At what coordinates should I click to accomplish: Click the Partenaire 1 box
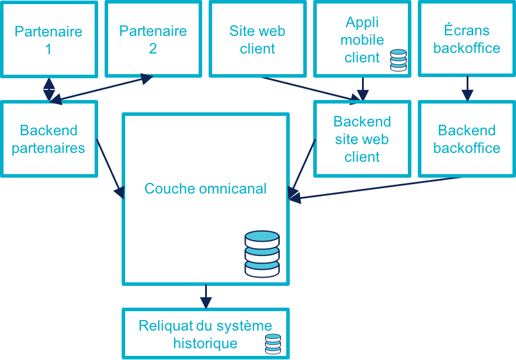(x=48, y=39)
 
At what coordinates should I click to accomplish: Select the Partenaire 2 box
(x=153, y=39)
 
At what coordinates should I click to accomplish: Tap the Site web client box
(x=257, y=39)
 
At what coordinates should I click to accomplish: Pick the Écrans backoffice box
(x=467, y=39)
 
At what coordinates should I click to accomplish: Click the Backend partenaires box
(x=48, y=139)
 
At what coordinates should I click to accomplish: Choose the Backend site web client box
(x=362, y=139)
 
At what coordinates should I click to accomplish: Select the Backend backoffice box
(x=467, y=139)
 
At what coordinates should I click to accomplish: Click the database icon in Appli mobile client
(x=398, y=60)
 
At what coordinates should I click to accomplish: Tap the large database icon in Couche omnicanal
(x=262, y=254)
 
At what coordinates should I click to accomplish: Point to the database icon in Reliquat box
(x=273, y=344)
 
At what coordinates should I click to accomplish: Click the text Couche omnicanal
(x=206, y=189)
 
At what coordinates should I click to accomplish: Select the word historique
(x=206, y=343)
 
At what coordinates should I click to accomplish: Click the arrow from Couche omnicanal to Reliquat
(x=206, y=296)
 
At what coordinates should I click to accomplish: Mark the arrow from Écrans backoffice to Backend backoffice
(x=467, y=88)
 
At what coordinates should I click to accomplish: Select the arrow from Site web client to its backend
(x=309, y=88)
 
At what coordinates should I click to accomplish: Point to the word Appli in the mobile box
(x=362, y=22)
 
